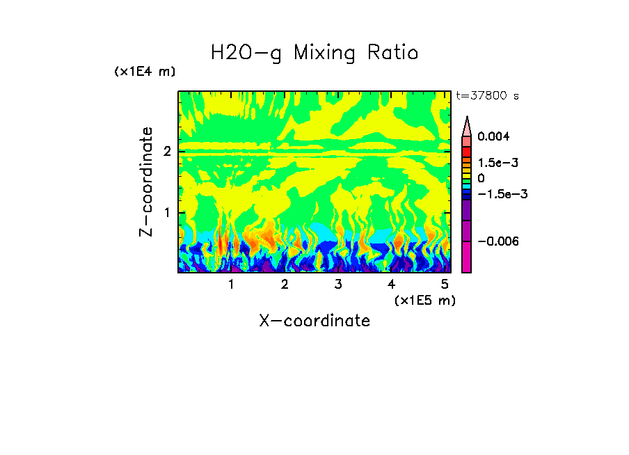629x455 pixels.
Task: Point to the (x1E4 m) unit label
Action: (x=145, y=72)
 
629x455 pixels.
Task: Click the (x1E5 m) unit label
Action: (x=425, y=300)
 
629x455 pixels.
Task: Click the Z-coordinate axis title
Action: (x=146, y=182)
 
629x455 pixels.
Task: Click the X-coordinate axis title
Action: (x=314, y=321)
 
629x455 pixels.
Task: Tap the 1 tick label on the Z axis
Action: (x=167, y=212)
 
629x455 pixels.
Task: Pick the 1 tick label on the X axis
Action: (x=231, y=285)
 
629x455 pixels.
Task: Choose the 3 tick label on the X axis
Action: (x=338, y=285)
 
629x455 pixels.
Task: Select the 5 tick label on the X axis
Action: (x=445, y=285)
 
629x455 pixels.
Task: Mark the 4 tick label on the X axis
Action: (x=392, y=285)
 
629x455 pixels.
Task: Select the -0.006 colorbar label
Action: (x=499, y=241)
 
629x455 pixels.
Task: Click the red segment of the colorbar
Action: (x=467, y=151)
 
